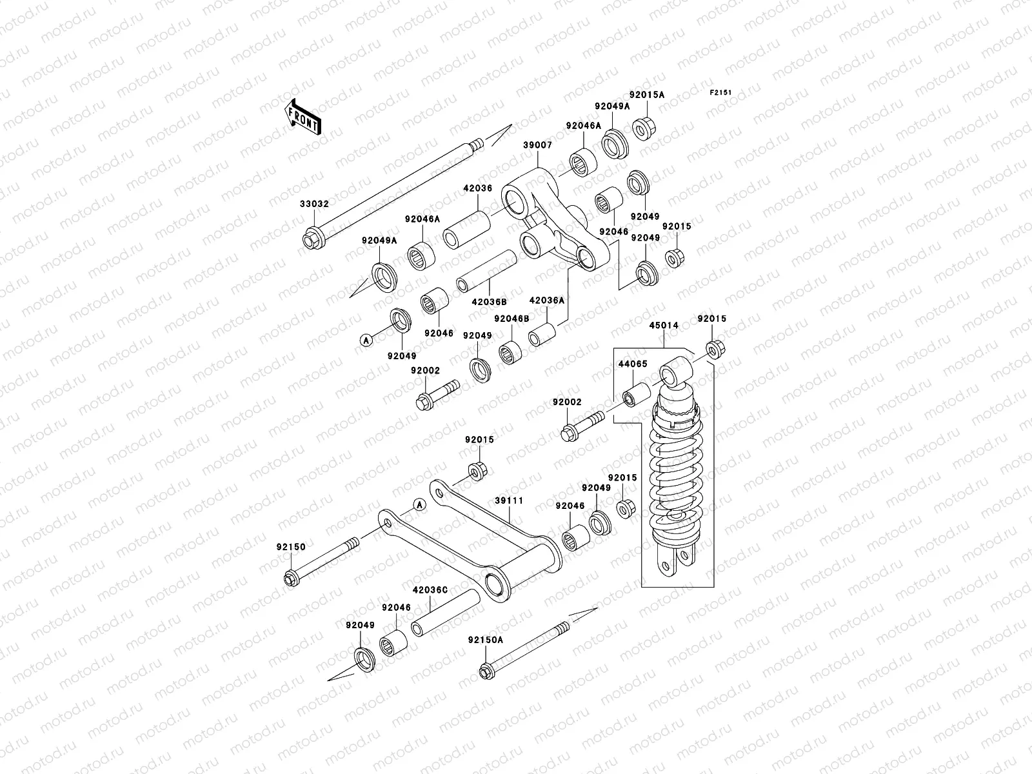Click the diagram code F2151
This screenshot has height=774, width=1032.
(721, 93)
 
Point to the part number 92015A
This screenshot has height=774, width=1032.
(647, 95)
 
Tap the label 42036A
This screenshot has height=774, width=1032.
(546, 300)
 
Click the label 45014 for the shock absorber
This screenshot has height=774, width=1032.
(664, 326)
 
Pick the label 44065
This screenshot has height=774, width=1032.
(632, 364)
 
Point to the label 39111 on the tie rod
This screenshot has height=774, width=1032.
(509, 500)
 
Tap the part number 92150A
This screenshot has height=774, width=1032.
(486, 640)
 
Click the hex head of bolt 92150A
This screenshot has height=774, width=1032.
(485, 673)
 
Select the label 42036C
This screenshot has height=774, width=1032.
(430, 589)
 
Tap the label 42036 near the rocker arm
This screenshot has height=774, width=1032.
(477, 188)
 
